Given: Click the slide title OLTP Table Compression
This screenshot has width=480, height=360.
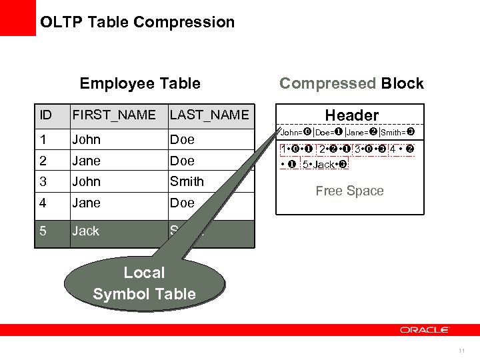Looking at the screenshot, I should [137, 22].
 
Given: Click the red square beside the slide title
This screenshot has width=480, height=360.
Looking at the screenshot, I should [17, 17].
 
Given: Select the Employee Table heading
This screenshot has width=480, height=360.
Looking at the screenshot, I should [140, 83].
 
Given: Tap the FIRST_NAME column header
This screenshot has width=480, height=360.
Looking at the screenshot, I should [114, 115].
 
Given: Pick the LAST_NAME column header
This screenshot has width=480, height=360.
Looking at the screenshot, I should [209, 115].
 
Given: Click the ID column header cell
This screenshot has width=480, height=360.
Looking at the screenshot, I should [46, 115].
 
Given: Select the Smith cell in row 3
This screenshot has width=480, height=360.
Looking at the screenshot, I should [187, 181].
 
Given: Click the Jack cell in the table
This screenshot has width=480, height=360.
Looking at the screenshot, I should [86, 231].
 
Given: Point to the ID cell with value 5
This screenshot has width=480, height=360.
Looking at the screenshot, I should [43, 231].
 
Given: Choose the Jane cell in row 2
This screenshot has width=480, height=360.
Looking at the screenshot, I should [87, 161].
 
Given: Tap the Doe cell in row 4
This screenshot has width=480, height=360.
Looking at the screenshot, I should [182, 203].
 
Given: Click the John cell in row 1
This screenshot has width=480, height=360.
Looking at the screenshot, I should [87, 139].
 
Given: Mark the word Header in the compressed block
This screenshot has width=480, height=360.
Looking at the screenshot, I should [351, 115].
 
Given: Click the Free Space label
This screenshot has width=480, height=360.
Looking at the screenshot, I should [349, 191].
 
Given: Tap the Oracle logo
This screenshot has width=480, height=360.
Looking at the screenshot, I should [425, 330].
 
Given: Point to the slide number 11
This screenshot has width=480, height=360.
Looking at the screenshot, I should [461, 351].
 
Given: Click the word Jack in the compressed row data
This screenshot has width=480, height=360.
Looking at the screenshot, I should [324, 164].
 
